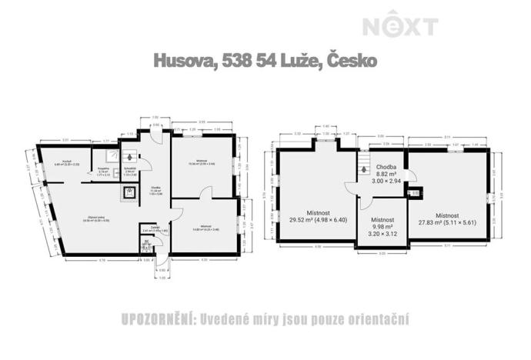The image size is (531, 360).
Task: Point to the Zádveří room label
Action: (x=152, y=228)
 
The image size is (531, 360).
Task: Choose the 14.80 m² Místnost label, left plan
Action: (x=202, y=228)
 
